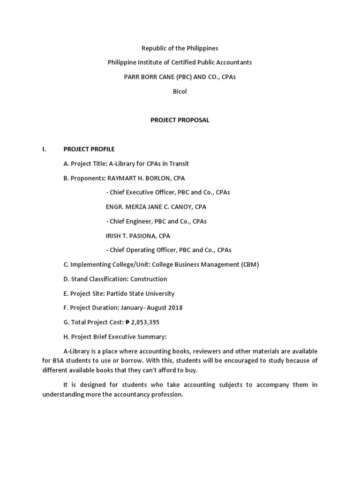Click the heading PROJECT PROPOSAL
(180, 120)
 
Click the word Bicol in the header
(180, 91)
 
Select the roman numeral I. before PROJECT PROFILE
(44, 149)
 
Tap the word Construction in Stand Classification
(149, 279)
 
